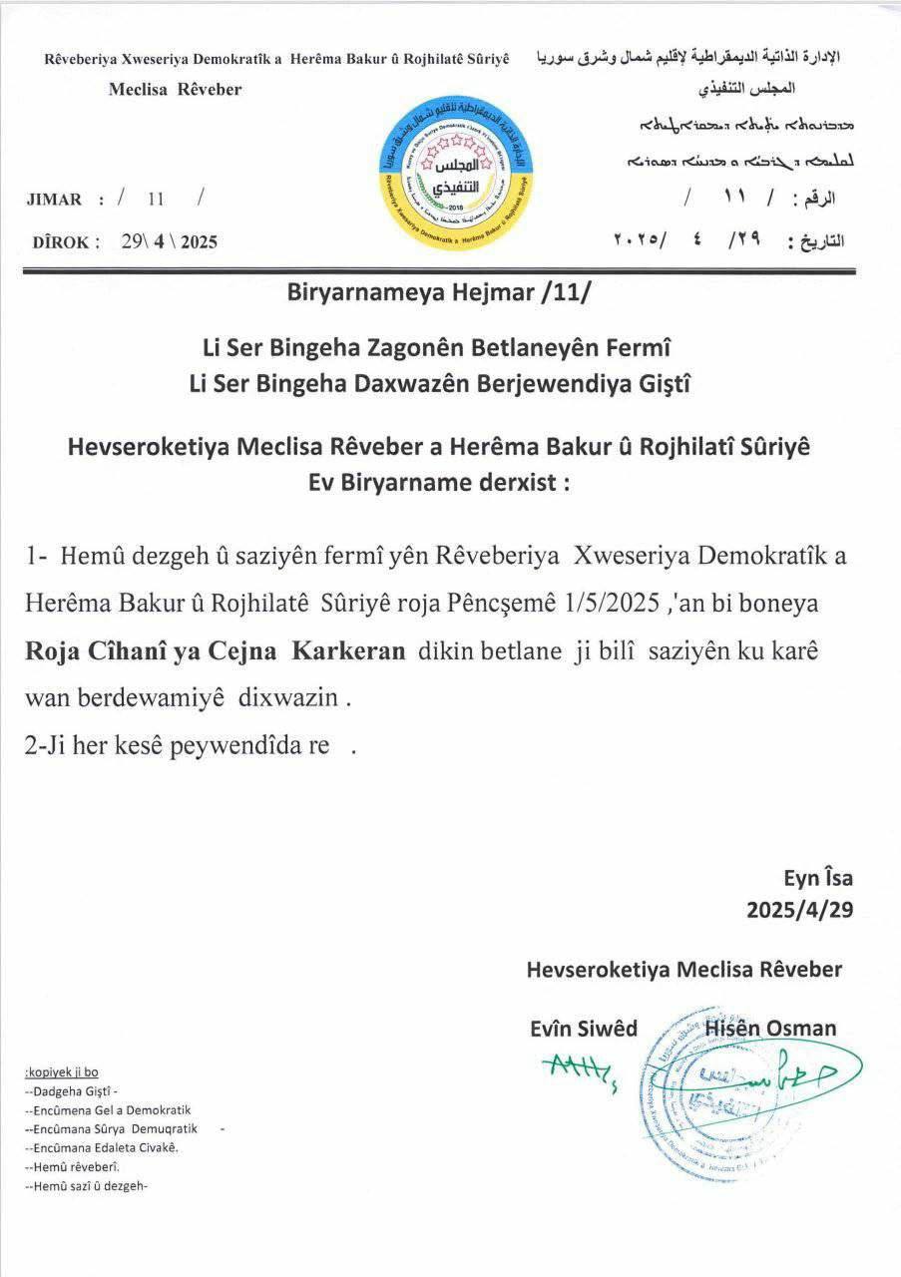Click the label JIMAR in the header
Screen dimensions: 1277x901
56,200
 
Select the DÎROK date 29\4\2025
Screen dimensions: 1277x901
169,241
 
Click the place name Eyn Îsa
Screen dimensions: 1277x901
817,879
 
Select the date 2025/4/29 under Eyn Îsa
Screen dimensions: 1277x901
799,911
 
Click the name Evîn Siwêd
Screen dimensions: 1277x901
584,1029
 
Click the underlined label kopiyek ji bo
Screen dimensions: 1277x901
61,1072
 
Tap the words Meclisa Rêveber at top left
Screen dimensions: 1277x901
175,90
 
